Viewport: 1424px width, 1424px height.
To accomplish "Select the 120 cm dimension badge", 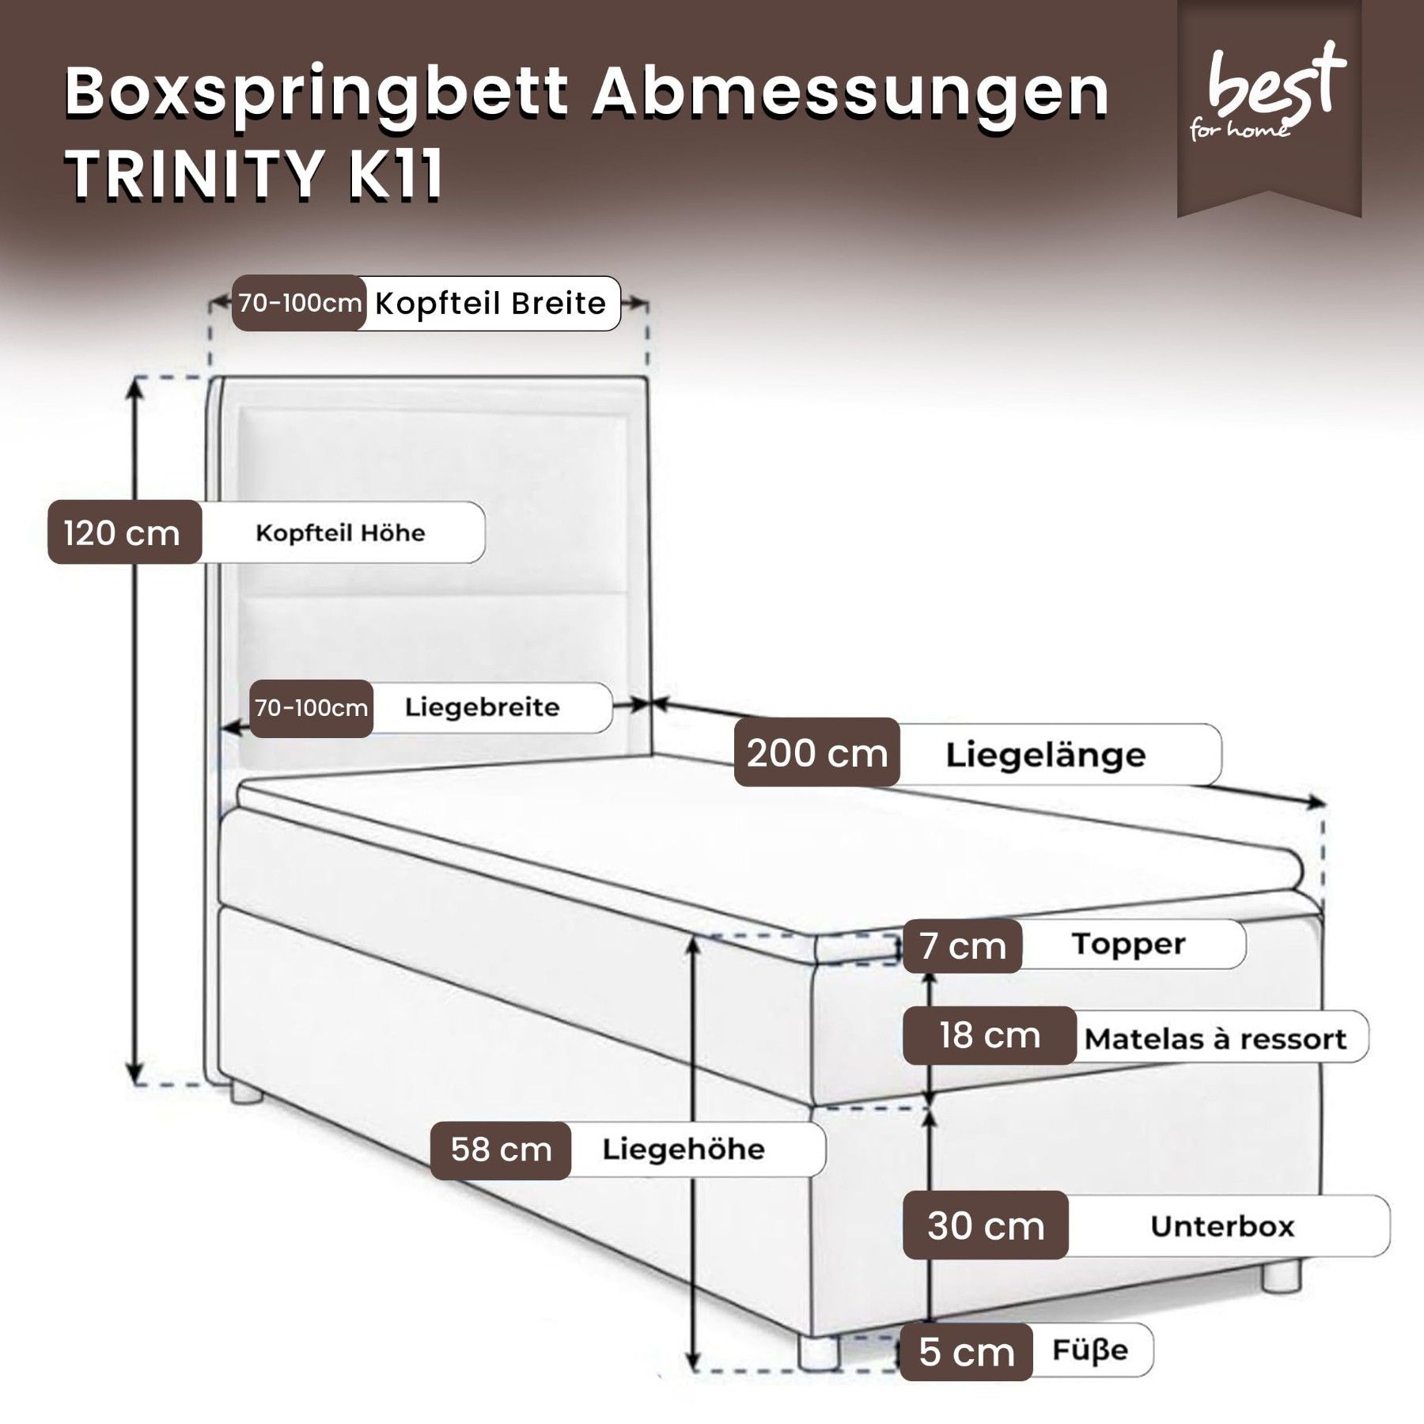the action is tap(125, 532).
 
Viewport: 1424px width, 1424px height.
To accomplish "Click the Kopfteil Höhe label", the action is tap(340, 532).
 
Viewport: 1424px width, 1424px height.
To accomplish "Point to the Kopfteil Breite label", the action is tap(490, 303).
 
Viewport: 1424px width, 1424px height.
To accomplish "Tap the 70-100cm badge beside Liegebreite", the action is tap(312, 708).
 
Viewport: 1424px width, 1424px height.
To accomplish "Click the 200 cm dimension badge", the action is tap(817, 752).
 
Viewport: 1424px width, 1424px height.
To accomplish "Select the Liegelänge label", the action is tap(1045, 755).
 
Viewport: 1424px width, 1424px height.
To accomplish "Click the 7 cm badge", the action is tap(962, 945).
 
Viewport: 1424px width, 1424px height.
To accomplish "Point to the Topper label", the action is tap(1128, 944).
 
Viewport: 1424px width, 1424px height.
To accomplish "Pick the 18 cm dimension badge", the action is tap(990, 1036).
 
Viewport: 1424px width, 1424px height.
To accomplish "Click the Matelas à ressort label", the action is tap(1215, 1038).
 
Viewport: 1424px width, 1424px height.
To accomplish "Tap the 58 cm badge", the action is tap(501, 1150).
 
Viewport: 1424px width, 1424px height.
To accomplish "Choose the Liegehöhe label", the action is tap(684, 1149).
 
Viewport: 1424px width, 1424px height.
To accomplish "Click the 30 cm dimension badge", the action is tap(986, 1225).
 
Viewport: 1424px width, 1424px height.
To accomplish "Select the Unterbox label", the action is tap(1222, 1226).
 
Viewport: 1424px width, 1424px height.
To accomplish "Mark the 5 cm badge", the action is tap(966, 1352).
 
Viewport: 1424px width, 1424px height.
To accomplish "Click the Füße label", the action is tap(1090, 1350).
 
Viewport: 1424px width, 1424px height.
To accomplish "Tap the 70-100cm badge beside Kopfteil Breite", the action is tap(300, 303).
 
